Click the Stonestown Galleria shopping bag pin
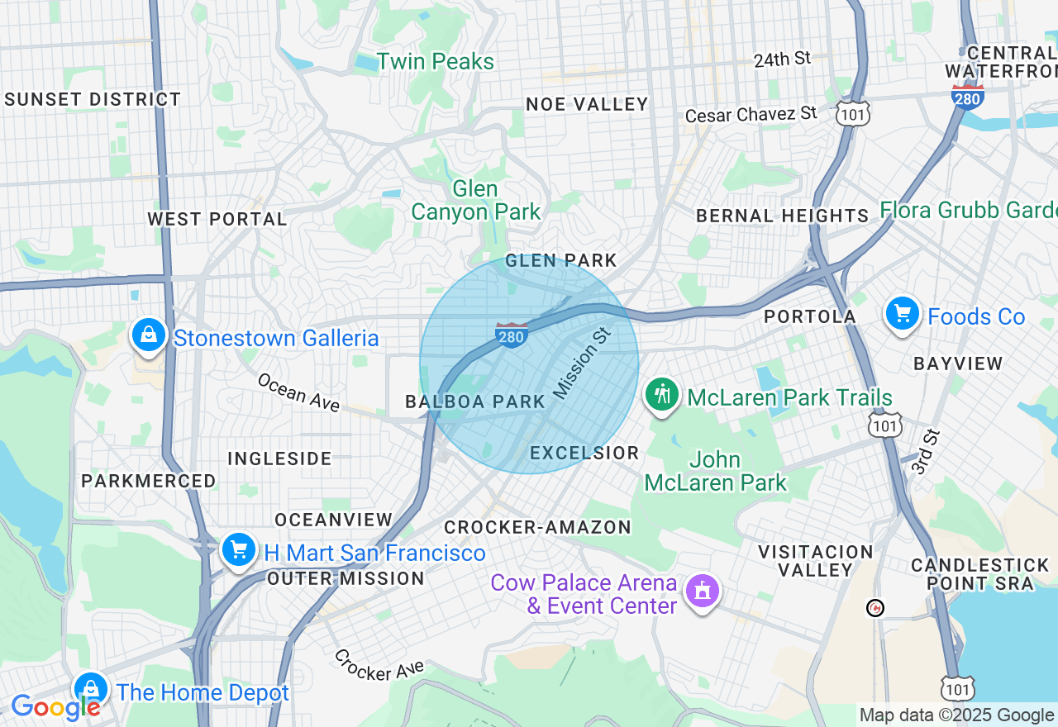(x=148, y=335)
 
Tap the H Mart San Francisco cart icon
(x=239, y=549)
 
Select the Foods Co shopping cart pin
(x=903, y=314)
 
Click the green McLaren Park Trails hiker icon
(x=661, y=394)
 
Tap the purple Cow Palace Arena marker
(x=703, y=591)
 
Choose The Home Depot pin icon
(x=90, y=689)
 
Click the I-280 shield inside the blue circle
(x=512, y=335)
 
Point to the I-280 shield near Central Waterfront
(x=967, y=95)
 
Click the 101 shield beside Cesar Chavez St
(x=851, y=114)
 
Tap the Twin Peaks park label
(x=436, y=62)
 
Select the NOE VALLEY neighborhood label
(x=587, y=104)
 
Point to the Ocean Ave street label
(x=298, y=392)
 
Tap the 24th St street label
(x=782, y=59)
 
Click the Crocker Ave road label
(x=379, y=665)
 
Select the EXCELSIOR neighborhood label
(x=584, y=453)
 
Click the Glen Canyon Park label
(x=475, y=200)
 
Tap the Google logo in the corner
(x=55, y=707)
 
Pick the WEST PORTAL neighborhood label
(x=217, y=219)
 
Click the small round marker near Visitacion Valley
(x=875, y=608)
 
